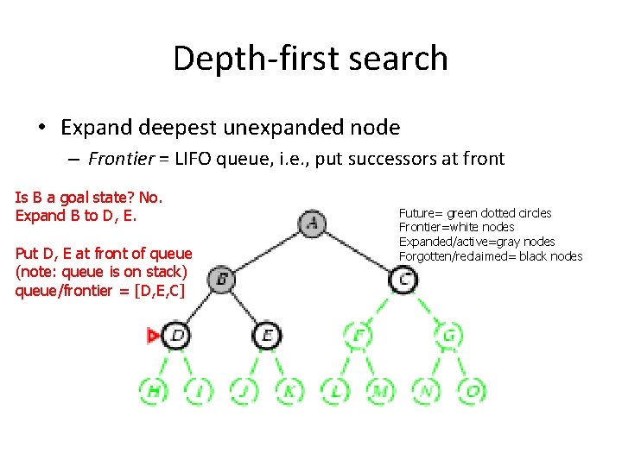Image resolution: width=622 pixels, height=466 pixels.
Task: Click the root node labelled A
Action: pos(312,224)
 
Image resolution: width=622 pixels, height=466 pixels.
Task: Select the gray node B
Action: pos(222,279)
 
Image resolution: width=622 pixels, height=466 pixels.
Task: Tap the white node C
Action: pos(403,279)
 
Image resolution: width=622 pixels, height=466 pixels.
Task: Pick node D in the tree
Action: pos(177,335)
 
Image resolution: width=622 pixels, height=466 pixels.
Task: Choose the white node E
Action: pos(267,335)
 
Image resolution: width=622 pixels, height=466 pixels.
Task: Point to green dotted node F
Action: pos(358,335)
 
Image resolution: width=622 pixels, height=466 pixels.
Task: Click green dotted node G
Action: pos(448,335)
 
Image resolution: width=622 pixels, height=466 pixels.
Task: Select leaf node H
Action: pos(154,391)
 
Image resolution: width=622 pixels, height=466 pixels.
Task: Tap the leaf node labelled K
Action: pos(289,391)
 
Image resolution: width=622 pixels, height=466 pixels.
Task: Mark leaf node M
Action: pos(380,391)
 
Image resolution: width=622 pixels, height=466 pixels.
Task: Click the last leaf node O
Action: pos(472,391)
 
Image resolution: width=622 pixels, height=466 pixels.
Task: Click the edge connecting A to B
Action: pos(267,252)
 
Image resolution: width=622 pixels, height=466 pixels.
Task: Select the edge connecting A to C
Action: pos(358,252)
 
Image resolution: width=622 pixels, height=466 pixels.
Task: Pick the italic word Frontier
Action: pos(122,158)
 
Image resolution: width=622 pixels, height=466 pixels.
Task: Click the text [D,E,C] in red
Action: pos(159,291)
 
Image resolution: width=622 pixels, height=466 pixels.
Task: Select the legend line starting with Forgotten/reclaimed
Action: pos(491,256)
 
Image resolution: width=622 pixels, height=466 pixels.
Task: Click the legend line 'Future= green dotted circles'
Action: pos(475,213)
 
